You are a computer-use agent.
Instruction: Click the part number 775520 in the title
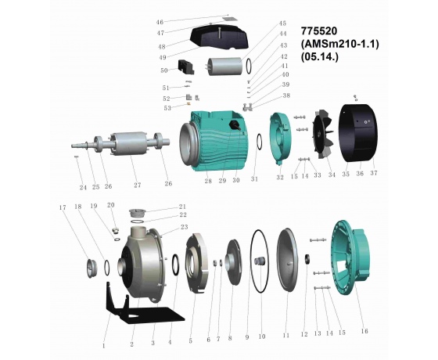319,31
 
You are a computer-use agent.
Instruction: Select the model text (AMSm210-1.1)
339,44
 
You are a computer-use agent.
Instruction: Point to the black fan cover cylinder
358,132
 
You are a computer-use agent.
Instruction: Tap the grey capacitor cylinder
225,67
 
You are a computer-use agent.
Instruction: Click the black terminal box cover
219,37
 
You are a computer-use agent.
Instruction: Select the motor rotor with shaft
120,142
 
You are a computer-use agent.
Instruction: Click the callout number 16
364,331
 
